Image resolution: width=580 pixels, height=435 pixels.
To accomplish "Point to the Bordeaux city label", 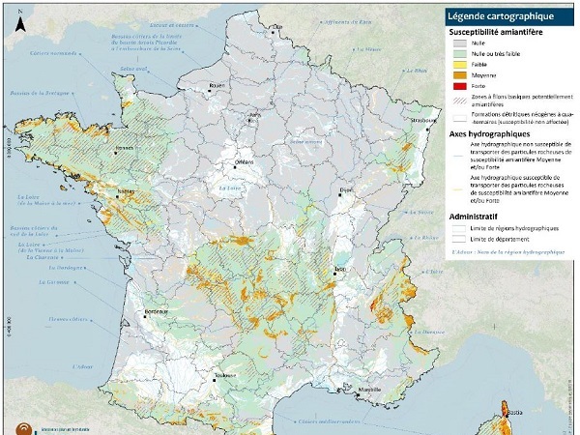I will point(157,311).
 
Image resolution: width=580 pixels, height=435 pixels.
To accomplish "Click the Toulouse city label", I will point(226,375).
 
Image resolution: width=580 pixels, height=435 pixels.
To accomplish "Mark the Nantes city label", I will point(126,191).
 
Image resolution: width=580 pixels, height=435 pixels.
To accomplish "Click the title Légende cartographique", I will point(499,15).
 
